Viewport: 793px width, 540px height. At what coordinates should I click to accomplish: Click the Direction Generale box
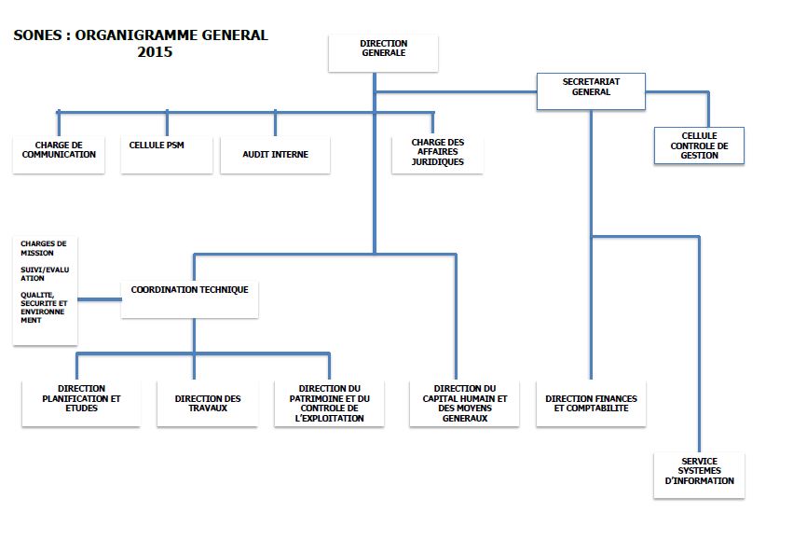pos(383,53)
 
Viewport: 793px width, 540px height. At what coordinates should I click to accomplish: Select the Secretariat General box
pos(591,91)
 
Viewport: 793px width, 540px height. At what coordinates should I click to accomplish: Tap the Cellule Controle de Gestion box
pos(700,145)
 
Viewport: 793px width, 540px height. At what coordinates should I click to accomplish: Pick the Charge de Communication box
pos(59,155)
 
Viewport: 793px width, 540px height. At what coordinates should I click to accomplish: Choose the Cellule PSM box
pos(167,155)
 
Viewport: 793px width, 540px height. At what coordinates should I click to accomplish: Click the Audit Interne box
pos(275,155)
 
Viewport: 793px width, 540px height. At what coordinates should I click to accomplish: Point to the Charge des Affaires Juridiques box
pos(437,155)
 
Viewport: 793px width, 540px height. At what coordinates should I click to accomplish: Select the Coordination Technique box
pos(190,299)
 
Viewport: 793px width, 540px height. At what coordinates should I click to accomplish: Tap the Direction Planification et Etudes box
pos(81,403)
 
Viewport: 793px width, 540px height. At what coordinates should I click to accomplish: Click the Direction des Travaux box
pos(208,403)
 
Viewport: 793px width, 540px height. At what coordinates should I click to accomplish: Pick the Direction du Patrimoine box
pos(329,403)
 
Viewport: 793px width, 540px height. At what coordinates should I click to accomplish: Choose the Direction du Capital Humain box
pos(464,403)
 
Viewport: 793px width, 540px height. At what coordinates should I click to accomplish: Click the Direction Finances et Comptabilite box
pos(591,403)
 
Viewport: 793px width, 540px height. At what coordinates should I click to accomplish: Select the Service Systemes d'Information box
pos(700,476)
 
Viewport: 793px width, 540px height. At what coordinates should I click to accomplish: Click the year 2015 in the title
pos(155,52)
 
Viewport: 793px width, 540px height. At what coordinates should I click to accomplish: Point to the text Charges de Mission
pos(44,248)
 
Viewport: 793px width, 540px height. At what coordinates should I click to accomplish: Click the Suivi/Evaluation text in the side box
pos(45,274)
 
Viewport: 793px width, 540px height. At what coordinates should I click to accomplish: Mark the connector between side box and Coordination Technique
pos(100,299)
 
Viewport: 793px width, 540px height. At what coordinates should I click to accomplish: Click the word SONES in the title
pos(38,35)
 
